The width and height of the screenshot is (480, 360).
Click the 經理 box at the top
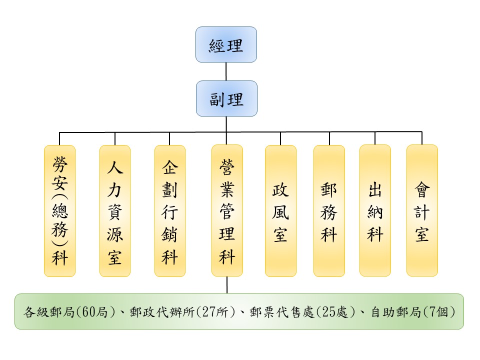click(226, 44)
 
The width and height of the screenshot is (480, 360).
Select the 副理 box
click(226, 98)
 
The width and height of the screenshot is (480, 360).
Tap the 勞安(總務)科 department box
click(59, 210)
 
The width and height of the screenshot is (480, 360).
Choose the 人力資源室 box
click(114, 210)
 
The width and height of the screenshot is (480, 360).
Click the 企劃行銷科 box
click(169, 210)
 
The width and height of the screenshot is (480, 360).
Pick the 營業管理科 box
click(227, 210)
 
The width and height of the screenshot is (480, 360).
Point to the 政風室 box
click(280, 210)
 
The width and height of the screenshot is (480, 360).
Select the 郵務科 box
click(329, 210)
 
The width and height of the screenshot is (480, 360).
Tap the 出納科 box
click(375, 210)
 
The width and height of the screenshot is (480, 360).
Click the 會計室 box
click(422, 210)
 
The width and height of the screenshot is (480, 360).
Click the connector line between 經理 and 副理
click(226, 71)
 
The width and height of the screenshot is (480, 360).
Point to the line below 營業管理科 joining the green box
click(227, 284)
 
